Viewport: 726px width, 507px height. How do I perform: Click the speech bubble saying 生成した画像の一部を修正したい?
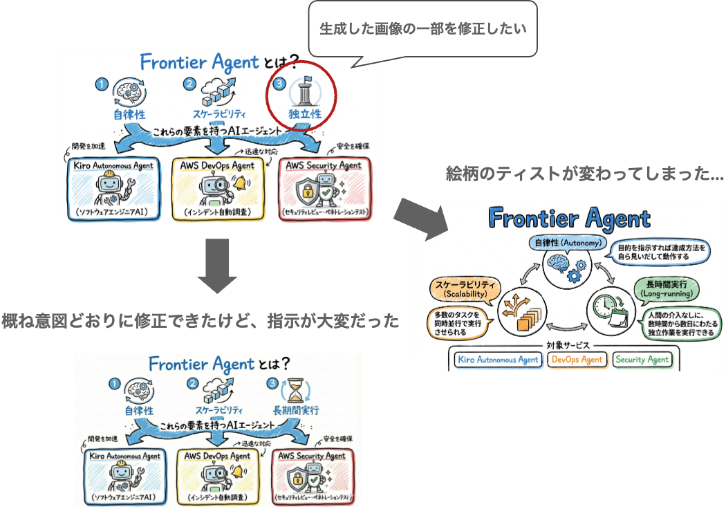click(422, 29)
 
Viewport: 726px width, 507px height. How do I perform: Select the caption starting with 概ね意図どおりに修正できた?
click(201, 321)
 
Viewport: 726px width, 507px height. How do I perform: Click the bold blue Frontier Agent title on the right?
click(569, 218)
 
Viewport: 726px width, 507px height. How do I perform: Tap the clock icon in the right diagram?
click(606, 306)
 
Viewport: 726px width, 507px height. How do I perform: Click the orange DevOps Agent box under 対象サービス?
click(577, 359)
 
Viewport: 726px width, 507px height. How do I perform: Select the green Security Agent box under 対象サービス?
click(642, 359)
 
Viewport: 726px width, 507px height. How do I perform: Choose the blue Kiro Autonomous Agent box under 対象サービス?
click(498, 359)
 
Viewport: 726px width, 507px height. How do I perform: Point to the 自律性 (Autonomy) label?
click(567, 243)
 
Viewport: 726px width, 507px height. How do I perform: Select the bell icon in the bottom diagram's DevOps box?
click(239, 471)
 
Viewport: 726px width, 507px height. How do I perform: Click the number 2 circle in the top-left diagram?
click(189, 84)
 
